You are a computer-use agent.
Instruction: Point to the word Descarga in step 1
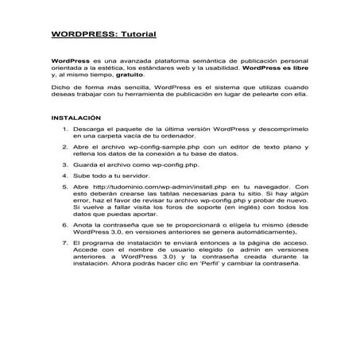point(88,128)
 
